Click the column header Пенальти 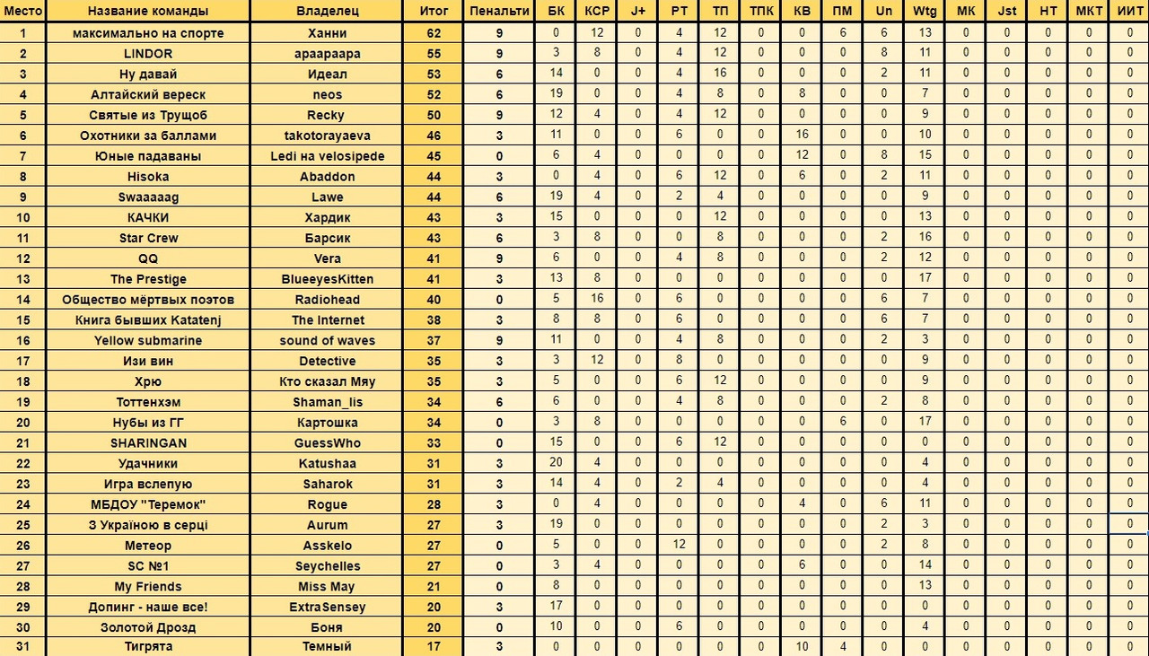(x=499, y=12)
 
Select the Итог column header (x=433, y=12)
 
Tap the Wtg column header (x=925, y=12)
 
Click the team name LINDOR (x=148, y=54)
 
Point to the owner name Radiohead (x=328, y=300)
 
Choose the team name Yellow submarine (x=148, y=341)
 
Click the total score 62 (x=433, y=33)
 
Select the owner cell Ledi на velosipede (x=328, y=156)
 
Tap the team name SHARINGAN (x=148, y=443)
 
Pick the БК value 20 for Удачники (x=557, y=464)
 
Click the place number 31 (x=22, y=647)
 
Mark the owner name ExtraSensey (x=328, y=608)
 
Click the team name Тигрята (x=148, y=647)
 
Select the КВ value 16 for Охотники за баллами (x=802, y=136)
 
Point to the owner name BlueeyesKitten (x=328, y=279)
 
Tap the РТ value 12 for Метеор (x=680, y=546)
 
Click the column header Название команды (x=148, y=12)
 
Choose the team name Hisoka (x=148, y=177)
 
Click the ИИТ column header (x=1130, y=12)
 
